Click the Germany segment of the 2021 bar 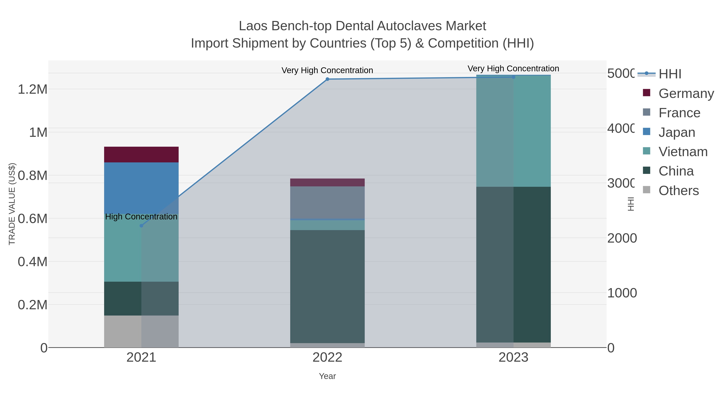(141, 155)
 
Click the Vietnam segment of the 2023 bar (513, 131)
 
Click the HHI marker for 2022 (327, 79)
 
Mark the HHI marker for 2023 (513, 77)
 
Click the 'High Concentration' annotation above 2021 (141, 217)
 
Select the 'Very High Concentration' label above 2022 (327, 70)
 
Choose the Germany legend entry (686, 93)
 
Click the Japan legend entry (677, 132)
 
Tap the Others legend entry (678, 191)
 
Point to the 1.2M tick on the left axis (33, 89)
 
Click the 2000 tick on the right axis (622, 238)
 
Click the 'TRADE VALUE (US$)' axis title (12, 204)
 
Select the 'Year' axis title (327, 376)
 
